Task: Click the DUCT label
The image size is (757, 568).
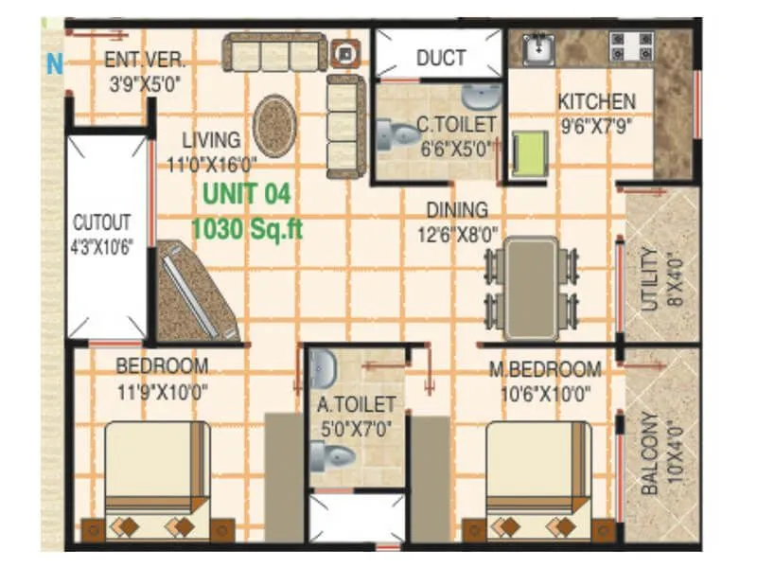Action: click(x=441, y=58)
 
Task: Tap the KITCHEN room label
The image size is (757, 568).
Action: click(x=596, y=101)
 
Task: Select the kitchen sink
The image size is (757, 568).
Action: click(x=538, y=46)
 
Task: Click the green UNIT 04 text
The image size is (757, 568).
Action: click(x=245, y=194)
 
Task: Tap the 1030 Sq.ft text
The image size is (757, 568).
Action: click(x=247, y=228)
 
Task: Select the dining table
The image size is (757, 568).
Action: click(x=531, y=288)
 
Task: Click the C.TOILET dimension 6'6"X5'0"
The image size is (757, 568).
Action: click(x=456, y=149)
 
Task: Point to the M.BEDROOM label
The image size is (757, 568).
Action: click(x=544, y=368)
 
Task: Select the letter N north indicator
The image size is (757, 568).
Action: click(x=55, y=65)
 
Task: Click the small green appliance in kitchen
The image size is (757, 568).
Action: click(x=531, y=154)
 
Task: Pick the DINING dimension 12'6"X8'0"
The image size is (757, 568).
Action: click(x=457, y=229)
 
